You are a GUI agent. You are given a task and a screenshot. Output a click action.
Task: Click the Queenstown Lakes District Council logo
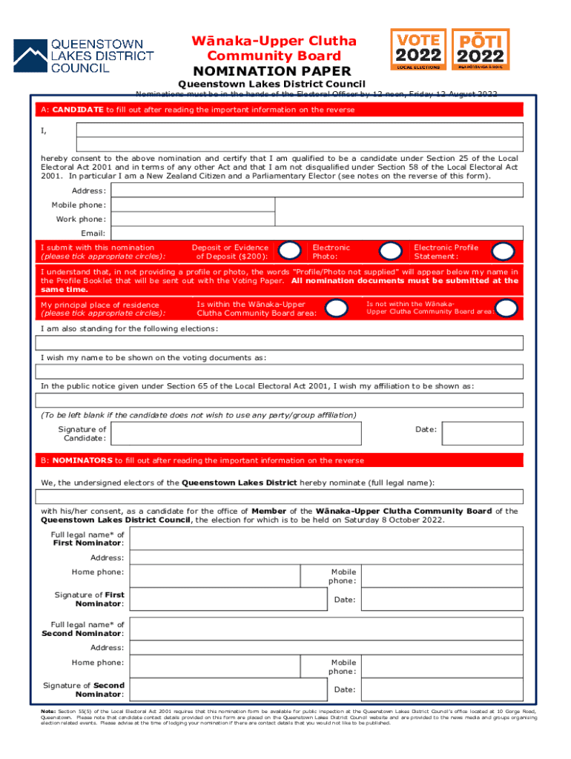(x=83, y=56)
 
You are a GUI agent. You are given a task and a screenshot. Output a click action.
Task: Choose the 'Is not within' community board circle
(x=506, y=308)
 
